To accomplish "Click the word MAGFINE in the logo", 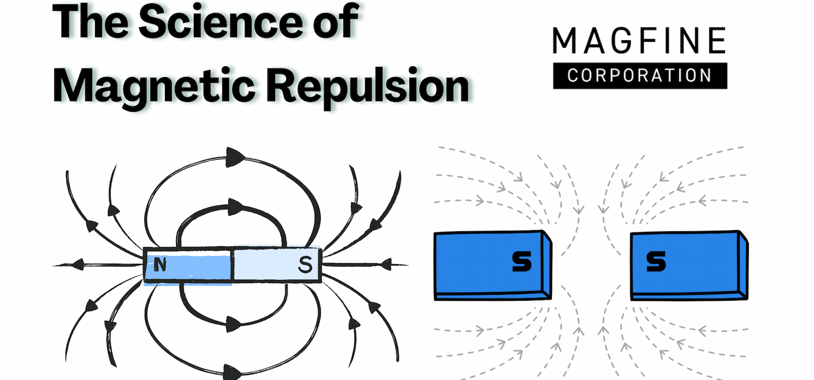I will pyautogui.click(x=639, y=41).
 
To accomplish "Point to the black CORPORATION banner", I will pyautogui.click(x=640, y=75).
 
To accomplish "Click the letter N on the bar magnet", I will pyautogui.click(x=160, y=265).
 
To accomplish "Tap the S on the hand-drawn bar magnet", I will pyautogui.click(x=306, y=265).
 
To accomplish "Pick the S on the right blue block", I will pyautogui.click(x=656, y=263).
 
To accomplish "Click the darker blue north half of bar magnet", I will pyautogui.click(x=188, y=265).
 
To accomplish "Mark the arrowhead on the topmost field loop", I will pyautogui.click(x=234, y=155).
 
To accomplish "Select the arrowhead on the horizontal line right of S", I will pyautogui.click(x=386, y=264).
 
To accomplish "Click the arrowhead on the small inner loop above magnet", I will pyautogui.click(x=234, y=206).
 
